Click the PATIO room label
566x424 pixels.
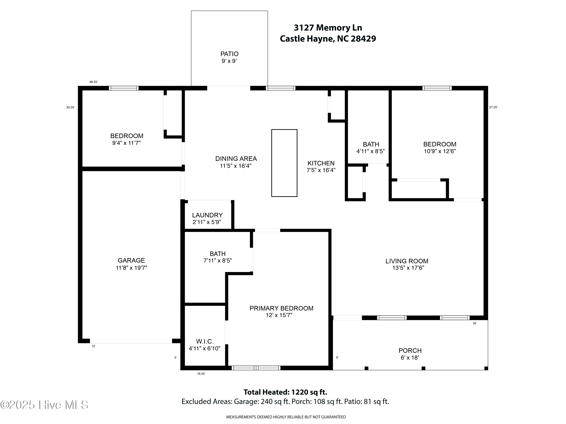[229, 54]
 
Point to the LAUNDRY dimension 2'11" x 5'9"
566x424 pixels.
[207, 222]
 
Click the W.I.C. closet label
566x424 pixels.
[205, 341]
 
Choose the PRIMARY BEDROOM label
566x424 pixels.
[281, 308]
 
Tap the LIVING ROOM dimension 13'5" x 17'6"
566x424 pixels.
[408, 268]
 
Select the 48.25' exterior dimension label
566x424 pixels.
[93, 82]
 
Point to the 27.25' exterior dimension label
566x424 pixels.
[493, 107]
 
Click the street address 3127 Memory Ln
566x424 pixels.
[328, 28]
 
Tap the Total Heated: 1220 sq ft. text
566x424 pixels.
[285, 392]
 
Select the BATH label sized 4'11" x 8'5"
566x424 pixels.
[371, 144]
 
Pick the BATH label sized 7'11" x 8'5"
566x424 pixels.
[218, 254]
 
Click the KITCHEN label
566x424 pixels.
[321, 163]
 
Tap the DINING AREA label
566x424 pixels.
[236, 159]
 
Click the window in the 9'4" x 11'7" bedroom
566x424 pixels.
[124, 88]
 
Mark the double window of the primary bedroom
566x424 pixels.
[256, 368]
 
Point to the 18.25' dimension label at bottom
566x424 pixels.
[201, 374]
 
